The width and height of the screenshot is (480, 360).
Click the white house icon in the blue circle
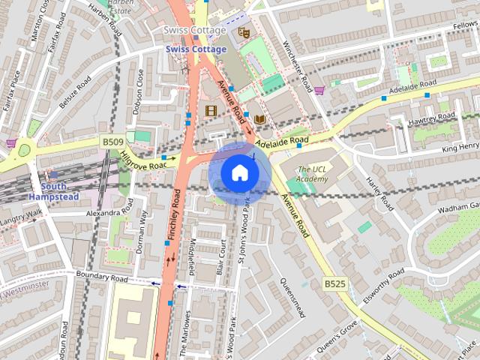[x=239, y=173]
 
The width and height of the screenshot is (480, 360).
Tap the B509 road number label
[x=112, y=141]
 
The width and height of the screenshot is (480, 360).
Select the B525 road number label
[x=334, y=283]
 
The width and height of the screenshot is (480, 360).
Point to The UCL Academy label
[x=312, y=174]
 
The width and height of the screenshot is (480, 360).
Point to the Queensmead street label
[x=292, y=298]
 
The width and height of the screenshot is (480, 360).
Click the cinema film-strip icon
[x=211, y=110]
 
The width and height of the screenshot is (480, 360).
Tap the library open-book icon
[x=259, y=119]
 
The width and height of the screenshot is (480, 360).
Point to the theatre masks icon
[x=242, y=32]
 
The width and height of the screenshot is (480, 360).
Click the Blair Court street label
[x=222, y=254]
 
